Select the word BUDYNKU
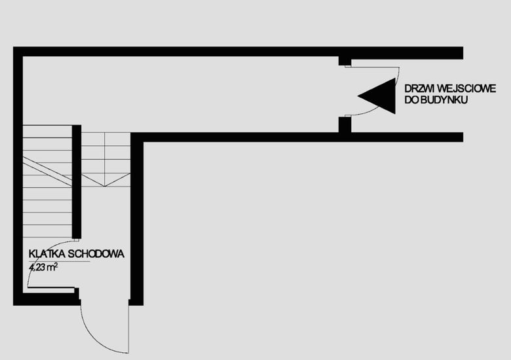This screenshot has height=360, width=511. (438, 101)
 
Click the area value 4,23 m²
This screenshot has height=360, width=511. (44, 267)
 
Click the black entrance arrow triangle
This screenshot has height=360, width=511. (381, 96)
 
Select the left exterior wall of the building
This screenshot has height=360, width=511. (18, 177)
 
